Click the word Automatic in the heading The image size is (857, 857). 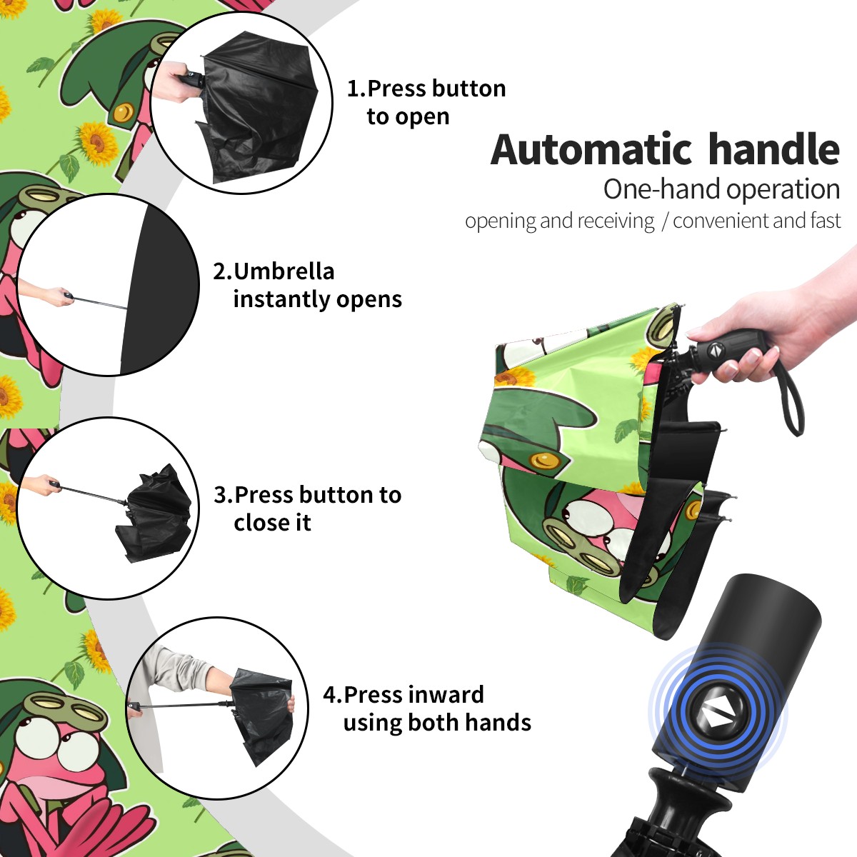pos(591,150)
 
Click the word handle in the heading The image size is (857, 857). pos(774,149)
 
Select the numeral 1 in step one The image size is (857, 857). pos(353,89)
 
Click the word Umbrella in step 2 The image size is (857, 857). pos(284,271)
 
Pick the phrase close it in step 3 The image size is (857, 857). pos(272,523)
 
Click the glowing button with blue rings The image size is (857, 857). pos(717,717)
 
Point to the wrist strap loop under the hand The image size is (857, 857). pos(791,400)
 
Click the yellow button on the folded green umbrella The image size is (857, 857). pos(544,461)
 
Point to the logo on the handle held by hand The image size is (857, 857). pos(715,350)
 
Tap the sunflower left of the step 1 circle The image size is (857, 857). pos(96,141)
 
